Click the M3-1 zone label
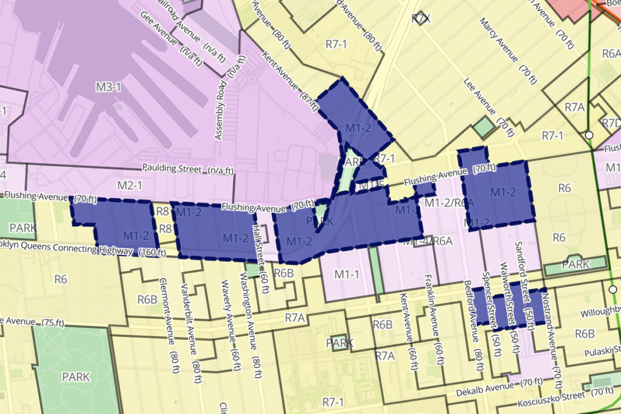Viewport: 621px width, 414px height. (109, 87)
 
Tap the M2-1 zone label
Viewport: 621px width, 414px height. (129, 184)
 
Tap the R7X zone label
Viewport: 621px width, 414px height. (420, 19)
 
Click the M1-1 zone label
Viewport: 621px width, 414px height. (347, 274)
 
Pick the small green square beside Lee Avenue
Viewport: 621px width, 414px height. (484, 127)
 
